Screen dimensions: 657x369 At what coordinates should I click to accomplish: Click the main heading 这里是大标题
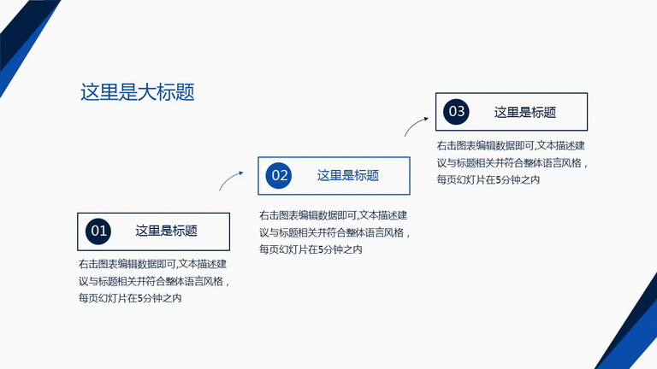tap(138, 92)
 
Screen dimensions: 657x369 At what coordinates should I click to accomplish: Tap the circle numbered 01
tap(98, 231)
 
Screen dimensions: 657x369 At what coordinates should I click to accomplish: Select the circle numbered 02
tap(279, 175)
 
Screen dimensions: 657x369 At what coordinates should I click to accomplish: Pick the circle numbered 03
tap(456, 112)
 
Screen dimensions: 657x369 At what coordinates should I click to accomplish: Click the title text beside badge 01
tap(166, 231)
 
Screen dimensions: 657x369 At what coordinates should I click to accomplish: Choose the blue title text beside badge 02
tap(348, 175)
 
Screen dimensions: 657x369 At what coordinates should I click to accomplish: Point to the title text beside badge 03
tap(525, 112)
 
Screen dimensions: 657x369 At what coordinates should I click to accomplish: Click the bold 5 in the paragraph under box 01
tap(140, 299)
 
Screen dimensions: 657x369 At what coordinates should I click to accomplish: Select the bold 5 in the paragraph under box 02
tap(321, 249)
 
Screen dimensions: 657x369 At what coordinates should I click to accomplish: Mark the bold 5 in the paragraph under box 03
tap(499, 180)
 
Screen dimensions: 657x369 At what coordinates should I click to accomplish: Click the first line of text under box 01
tap(152, 264)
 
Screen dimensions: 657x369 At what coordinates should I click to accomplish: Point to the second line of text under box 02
tap(334, 232)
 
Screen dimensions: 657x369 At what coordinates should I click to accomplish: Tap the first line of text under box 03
tap(511, 145)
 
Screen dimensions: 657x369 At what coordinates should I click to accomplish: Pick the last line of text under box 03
tap(488, 180)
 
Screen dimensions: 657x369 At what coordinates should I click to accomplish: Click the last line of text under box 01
tap(130, 298)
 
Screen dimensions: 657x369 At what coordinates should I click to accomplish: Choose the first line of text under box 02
tap(333, 215)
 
